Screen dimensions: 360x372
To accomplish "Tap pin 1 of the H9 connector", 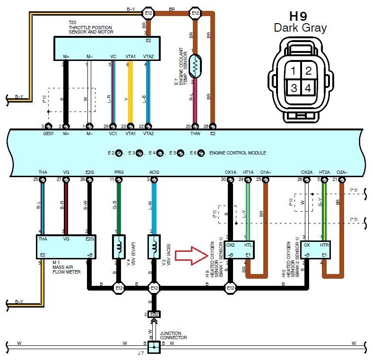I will pyautogui.click(x=294, y=71).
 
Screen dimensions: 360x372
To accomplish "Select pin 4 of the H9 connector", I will pyautogui.click(x=308, y=88).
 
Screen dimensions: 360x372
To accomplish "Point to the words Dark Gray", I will pyautogui.click(x=300, y=28).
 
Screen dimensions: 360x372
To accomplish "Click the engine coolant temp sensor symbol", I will pyautogui.click(x=196, y=67).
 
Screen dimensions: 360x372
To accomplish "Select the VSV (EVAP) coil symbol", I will pyautogui.click(x=118, y=246).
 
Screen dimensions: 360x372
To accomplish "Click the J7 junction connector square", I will pyautogui.click(x=154, y=348).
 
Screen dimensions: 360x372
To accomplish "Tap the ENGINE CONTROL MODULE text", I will pyautogui.click(x=237, y=153).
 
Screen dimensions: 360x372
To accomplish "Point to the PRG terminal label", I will pyautogui.click(x=119, y=172).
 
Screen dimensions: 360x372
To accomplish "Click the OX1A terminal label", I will pyautogui.click(x=230, y=172).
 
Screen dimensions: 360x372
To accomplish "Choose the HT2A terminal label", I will pyautogui.click(x=325, y=172).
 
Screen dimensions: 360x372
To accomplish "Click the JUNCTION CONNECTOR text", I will pyautogui.click(x=173, y=335).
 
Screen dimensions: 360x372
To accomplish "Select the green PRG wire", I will pyautogui.click(x=119, y=208).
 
